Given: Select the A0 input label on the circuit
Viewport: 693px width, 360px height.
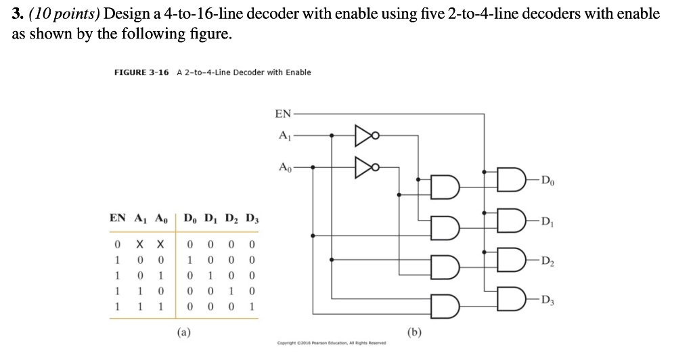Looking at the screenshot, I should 284,166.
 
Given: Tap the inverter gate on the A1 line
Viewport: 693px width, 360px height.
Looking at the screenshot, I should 365,135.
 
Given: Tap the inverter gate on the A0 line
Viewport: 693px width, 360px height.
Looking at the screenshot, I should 365,165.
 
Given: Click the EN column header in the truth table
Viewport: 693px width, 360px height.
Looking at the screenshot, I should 117,218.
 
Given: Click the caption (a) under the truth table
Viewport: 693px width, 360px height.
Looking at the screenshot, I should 182,332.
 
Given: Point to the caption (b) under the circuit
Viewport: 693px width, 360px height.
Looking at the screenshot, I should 414,332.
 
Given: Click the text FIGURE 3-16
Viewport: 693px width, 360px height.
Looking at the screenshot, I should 141,72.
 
